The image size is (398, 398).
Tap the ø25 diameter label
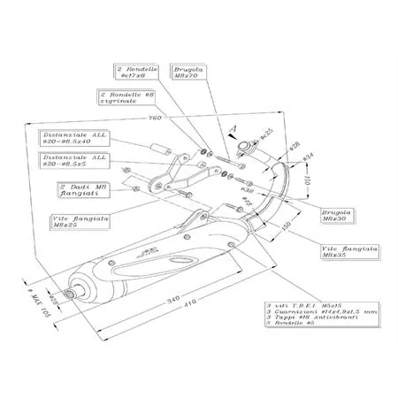click(x=267, y=133)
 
